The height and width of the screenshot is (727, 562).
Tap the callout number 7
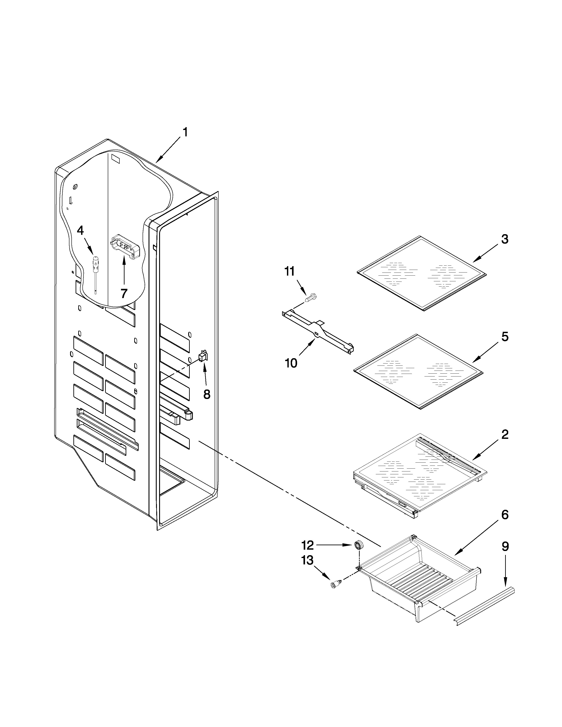[124, 293]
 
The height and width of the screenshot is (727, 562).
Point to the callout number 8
[207, 395]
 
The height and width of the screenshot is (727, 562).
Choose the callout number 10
[291, 363]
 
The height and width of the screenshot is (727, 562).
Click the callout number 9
[505, 546]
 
